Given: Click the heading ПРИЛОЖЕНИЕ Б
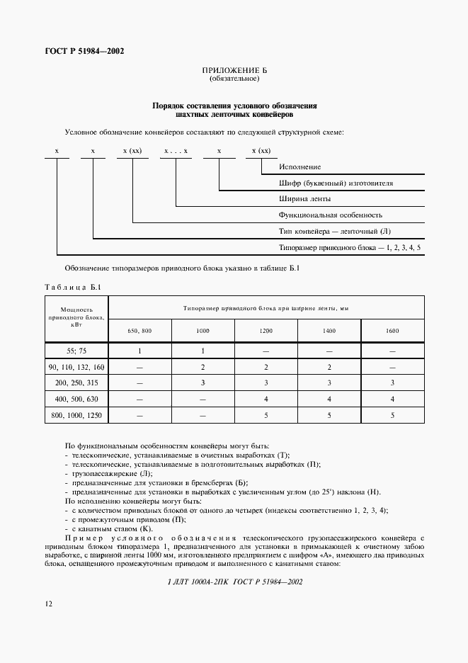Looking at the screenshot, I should pyautogui.click(x=234, y=72).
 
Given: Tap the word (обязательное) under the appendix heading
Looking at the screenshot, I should pyautogui.click(x=234, y=79).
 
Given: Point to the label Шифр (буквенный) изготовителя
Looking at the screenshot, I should pyautogui.click(x=336, y=183).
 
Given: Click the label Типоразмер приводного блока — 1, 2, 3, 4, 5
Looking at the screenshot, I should pyautogui.click(x=350, y=247).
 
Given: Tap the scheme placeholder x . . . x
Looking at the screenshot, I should pyautogui.click(x=176, y=151).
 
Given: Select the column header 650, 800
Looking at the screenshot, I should pyautogui.click(x=139, y=331).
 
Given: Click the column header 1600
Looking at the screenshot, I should pyautogui.click(x=392, y=331).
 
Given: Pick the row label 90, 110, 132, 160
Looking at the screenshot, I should pyautogui.click(x=76, y=368).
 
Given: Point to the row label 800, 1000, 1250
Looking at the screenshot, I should pyautogui.click(x=76, y=415).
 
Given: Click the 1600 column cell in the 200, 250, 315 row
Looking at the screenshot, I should pyautogui.click(x=392, y=383).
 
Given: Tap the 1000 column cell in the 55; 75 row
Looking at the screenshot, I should pyautogui.click(x=202, y=351).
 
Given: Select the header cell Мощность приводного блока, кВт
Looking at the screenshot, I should pyautogui.click(x=76, y=317).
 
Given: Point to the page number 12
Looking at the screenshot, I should pyautogui.click(x=48, y=603).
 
